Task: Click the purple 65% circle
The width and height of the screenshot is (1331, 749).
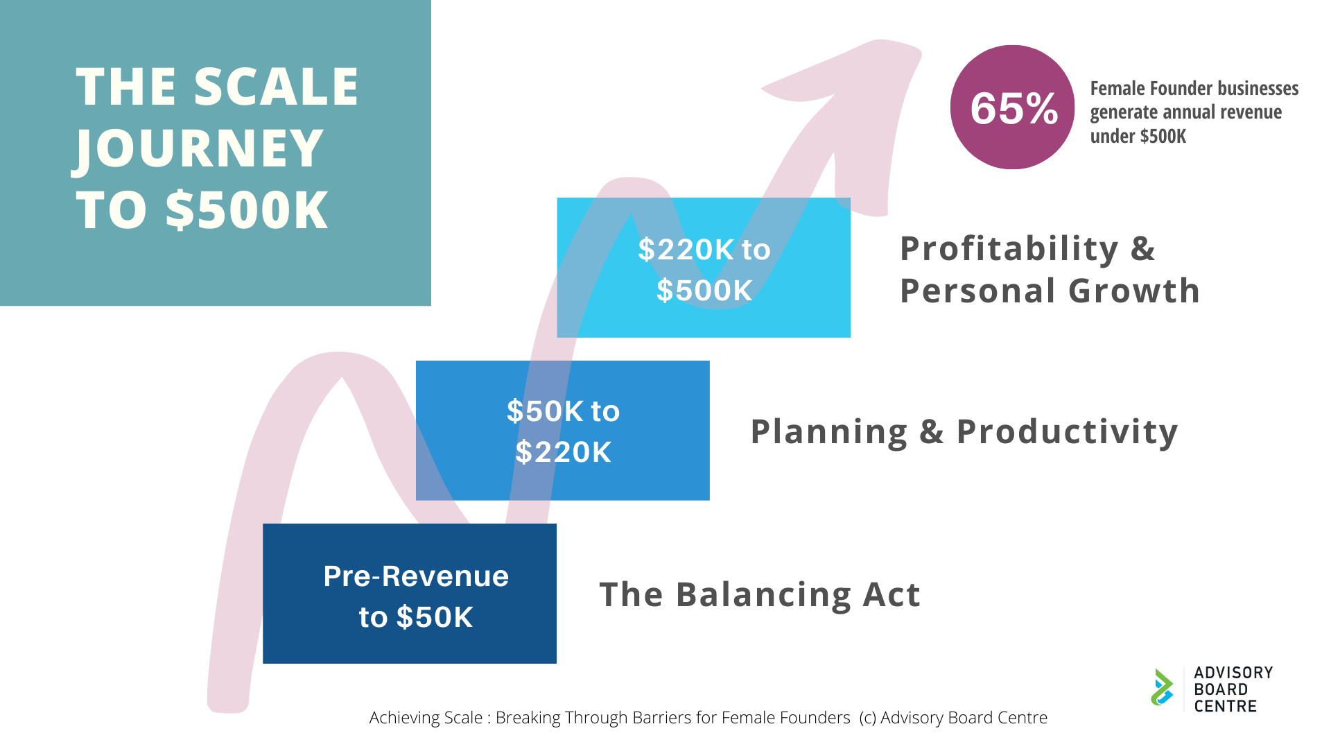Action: pyautogui.click(x=1012, y=107)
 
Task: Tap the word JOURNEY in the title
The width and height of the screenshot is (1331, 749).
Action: pyautogui.click(x=199, y=148)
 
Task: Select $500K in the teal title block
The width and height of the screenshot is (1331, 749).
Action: pyautogui.click(x=246, y=209)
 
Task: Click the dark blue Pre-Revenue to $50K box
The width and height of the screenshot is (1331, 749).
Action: pyautogui.click(x=410, y=594)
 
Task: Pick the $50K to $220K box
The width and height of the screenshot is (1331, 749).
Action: pyautogui.click(x=563, y=430)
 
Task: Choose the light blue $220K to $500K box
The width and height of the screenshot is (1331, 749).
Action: pyautogui.click(x=704, y=268)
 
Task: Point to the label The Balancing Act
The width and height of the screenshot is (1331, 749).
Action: pyautogui.click(x=760, y=595)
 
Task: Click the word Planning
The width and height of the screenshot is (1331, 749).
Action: pyautogui.click(x=829, y=432)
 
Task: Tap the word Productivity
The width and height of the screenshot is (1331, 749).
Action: pyautogui.click(x=1068, y=432)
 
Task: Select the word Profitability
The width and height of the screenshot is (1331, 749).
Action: pyautogui.click(x=1009, y=250)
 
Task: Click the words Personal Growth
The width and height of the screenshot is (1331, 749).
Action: pyautogui.click(x=1050, y=291)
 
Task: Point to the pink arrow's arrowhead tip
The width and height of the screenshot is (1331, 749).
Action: pyautogui.click(x=919, y=50)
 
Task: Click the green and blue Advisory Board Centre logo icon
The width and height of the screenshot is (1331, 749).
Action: pyautogui.click(x=1163, y=687)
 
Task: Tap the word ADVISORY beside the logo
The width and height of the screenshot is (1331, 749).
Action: pyautogui.click(x=1233, y=673)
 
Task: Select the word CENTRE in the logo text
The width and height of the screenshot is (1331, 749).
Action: pyautogui.click(x=1225, y=706)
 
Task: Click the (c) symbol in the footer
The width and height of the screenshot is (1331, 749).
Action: pyautogui.click(x=867, y=718)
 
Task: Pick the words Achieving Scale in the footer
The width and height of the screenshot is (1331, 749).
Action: pyautogui.click(x=426, y=718)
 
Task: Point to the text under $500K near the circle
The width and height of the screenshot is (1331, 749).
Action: pyautogui.click(x=1138, y=136)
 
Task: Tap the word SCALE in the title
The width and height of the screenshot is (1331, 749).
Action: pyautogui.click(x=276, y=87)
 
